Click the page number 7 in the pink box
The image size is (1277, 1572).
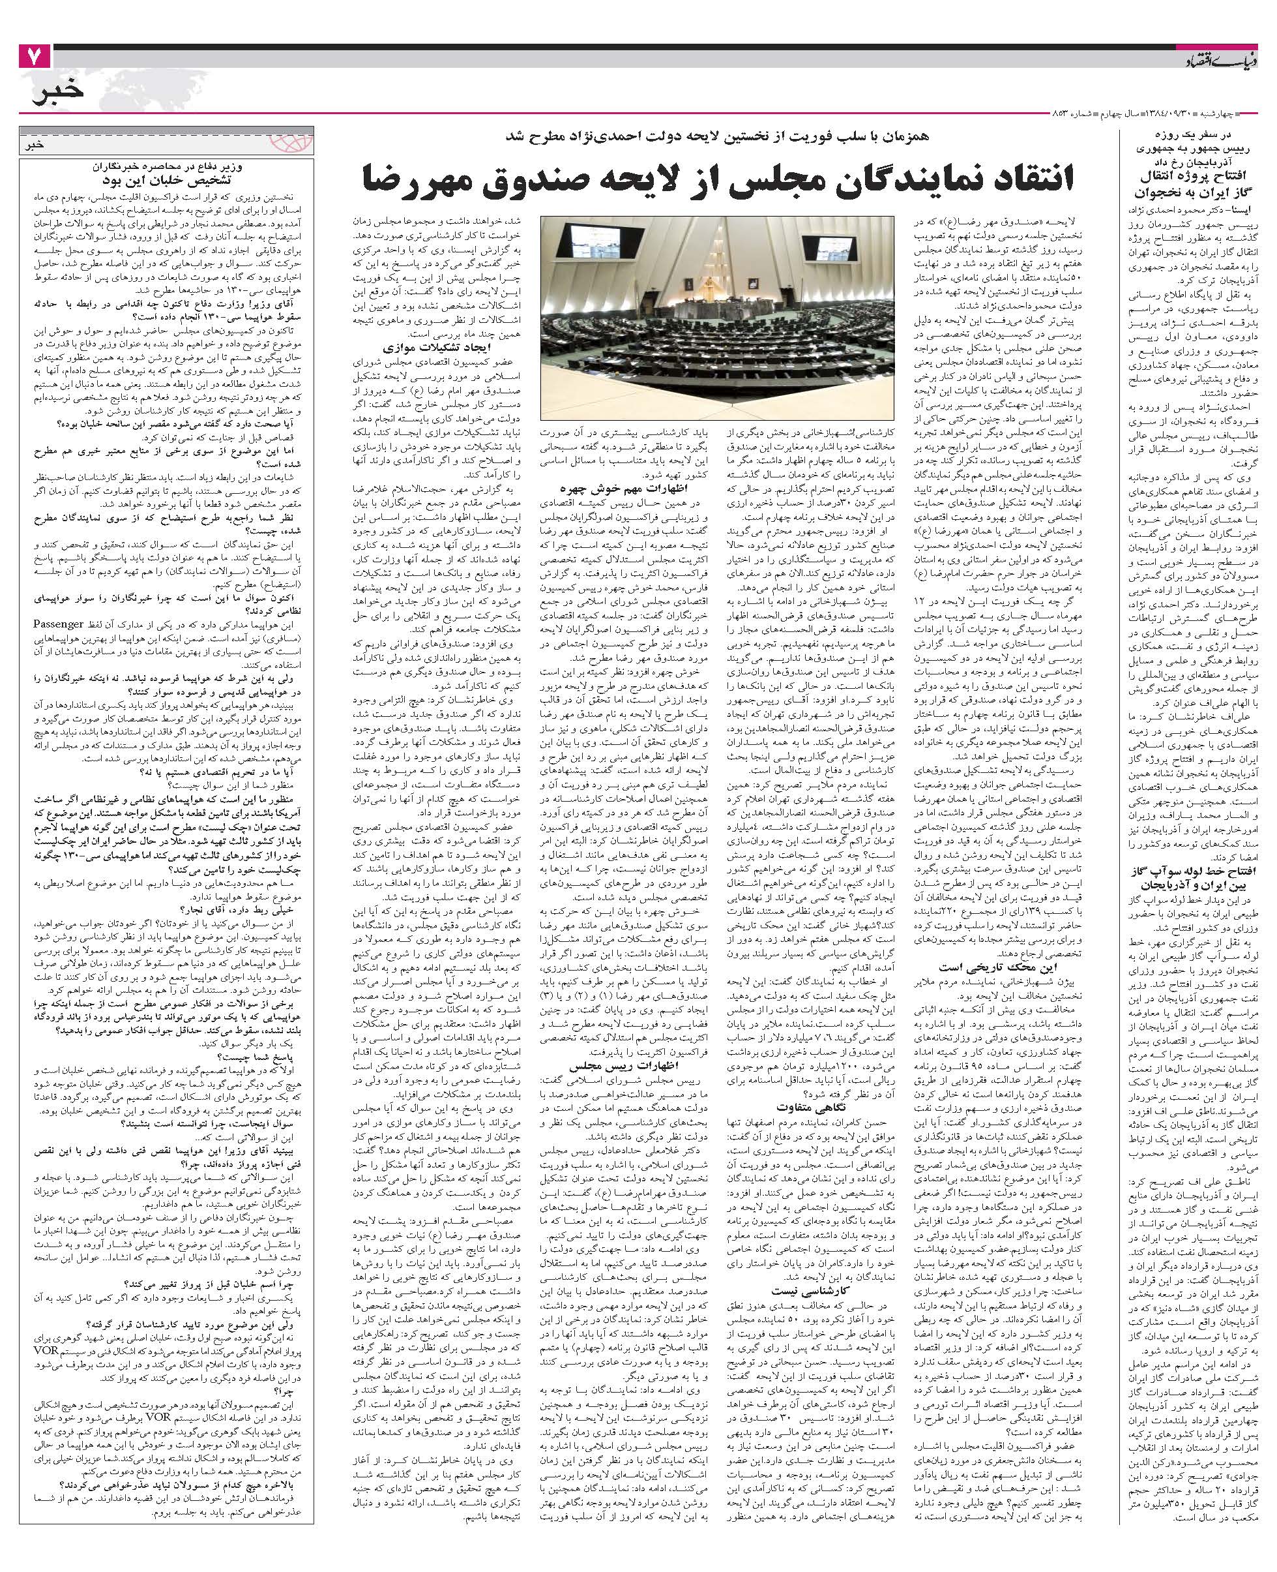[35, 57]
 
